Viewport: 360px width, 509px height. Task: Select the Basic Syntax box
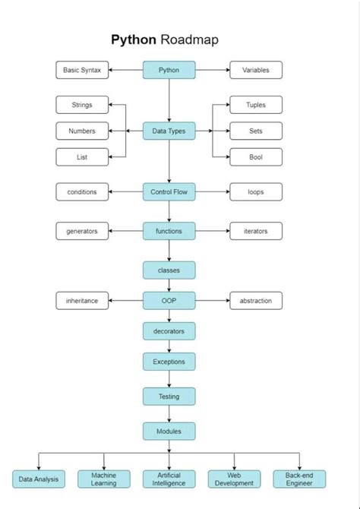82,70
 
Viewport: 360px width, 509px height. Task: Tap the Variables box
256,70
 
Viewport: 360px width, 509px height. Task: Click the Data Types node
169,131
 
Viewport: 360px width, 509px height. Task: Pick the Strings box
82,105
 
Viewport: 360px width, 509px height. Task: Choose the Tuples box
256,105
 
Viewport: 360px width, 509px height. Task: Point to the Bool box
256,156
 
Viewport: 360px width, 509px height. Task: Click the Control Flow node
169,191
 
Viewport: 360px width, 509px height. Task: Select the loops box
256,191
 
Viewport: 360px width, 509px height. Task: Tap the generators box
82,231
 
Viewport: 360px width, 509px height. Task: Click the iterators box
256,231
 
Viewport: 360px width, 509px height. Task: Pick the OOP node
169,300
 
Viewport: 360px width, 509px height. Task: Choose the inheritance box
82,300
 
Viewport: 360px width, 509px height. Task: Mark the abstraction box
256,300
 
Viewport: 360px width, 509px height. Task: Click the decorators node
169,330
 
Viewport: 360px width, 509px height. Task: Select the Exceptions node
169,362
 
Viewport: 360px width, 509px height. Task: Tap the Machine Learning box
104,479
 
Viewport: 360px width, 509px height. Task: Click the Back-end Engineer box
299,479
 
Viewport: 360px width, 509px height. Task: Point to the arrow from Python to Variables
213,70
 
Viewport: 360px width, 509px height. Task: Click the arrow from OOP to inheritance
125,300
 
